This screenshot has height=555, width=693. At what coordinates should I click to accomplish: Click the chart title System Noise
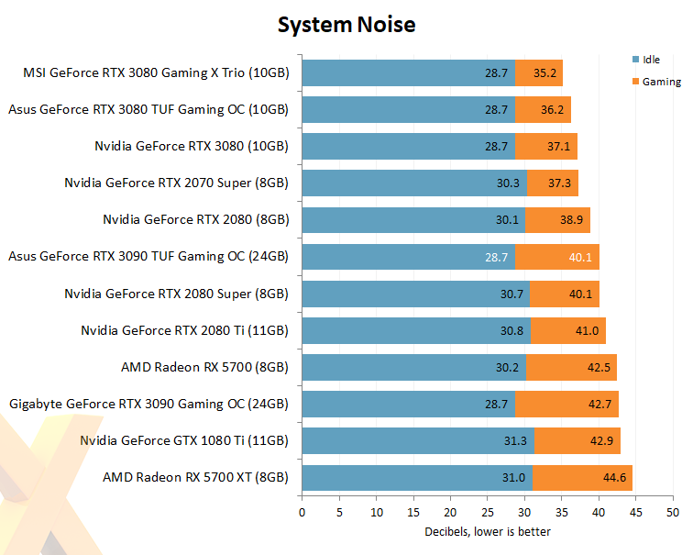[346, 25]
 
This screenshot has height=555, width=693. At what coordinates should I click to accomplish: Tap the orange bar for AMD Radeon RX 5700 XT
[582, 478]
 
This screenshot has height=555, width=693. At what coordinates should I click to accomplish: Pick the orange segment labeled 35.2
[539, 72]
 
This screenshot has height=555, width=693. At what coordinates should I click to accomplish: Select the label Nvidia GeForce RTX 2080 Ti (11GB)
[184, 330]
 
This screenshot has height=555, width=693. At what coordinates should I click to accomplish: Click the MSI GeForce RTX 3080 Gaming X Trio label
[155, 72]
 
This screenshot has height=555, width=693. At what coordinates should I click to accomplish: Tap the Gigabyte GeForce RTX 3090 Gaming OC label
[148, 404]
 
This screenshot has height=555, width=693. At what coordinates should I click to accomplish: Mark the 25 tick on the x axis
[488, 511]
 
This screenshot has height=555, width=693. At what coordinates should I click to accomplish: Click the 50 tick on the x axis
[674, 511]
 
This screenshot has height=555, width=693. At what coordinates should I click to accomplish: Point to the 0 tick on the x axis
[302, 511]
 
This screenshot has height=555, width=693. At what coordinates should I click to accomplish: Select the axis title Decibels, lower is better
[487, 531]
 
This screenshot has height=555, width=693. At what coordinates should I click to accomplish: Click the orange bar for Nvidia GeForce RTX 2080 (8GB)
[557, 220]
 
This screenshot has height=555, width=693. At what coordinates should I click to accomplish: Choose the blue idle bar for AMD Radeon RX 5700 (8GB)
[412, 367]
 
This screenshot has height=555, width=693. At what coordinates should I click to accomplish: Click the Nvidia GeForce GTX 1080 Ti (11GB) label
[184, 441]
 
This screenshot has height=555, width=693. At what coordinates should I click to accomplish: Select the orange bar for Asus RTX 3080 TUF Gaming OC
[543, 109]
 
